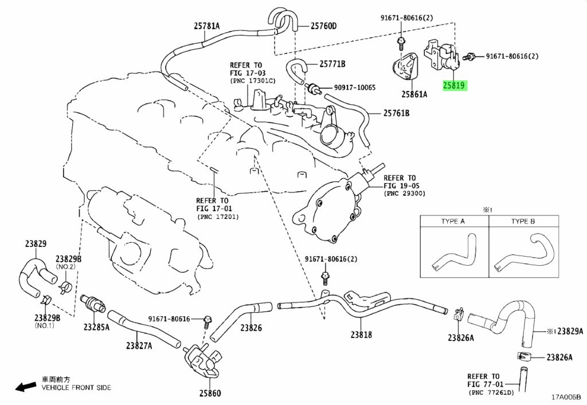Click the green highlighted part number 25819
click(454, 85)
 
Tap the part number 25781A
click(206, 26)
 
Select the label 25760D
click(323, 26)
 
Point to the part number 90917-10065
click(354, 88)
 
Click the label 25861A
click(414, 95)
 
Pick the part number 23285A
click(96, 327)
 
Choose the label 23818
click(361, 335)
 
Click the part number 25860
click(210, 393)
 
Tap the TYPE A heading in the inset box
click(453, 221)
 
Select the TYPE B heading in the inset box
click(523, 221)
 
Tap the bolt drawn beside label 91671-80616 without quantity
click(207, 322)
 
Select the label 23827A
click(139, 345)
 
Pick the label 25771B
click(332, 64)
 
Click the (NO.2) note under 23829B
click(66, 266)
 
